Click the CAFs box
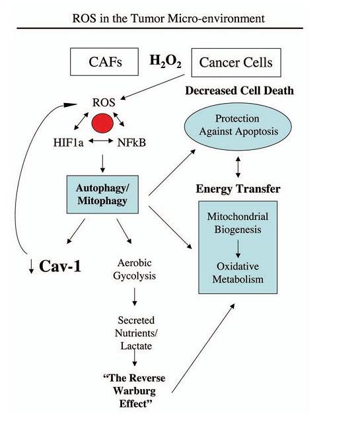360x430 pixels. pyautogui.click(x=104, y=62)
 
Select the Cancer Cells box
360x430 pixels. pyautogui.click(x=236, y=63)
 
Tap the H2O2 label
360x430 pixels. pyautogui.click(x=165, y=61)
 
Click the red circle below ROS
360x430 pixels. pyautogui.click(x=102, y=123)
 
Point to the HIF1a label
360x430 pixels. pyautogui.click(x=68, y=143)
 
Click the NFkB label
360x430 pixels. pyautogui.click(x=131, y=143)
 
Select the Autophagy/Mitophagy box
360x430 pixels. pyautogui.click(x=102, y=194)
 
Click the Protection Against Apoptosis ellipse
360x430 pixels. pyautogui.click(x=237, y=126)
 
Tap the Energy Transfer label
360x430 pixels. pyautogui.click(x=238, y=189)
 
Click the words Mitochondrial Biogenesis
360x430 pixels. pyautogui.click(x=238, y=223)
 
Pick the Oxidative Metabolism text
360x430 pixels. pyautogui.click(x=238, y=273)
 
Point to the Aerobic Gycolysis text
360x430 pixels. pyautogui.click(x=134, y=269)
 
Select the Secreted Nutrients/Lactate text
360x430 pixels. pyautogui.click(x=136, y=333)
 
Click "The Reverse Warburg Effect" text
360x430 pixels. pyautogui.click(x=134, y=391)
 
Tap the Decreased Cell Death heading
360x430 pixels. pyautogui.click(x=239, y=90)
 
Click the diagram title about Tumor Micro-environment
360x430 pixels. pyautogui.click(x=168, y=18)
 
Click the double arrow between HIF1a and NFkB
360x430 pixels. pyautogui.click(x=100, y=141)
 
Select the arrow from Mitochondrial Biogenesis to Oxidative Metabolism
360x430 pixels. pyautogui.click(x=238, y=249)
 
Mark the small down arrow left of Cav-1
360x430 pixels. pyautogui.click(x=31, y=266)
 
